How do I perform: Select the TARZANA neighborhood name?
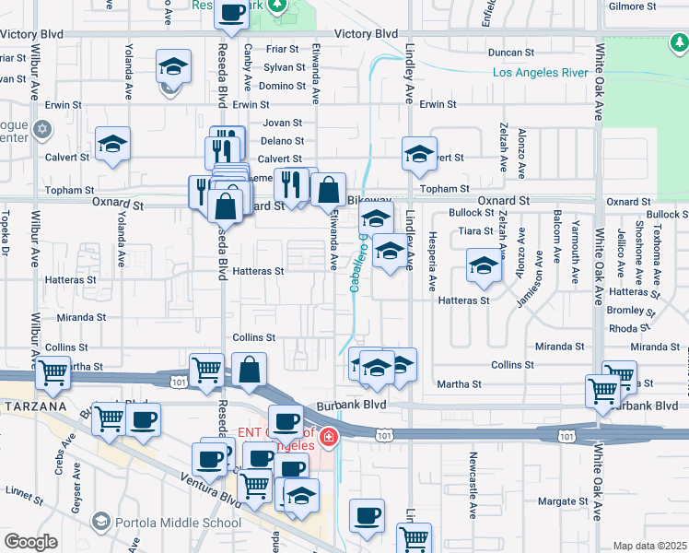[x=33, y=406]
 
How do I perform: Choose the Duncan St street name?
[x=511, y=53]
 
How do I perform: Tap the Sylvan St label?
[x=284, y=68]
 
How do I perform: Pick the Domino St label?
[x=282, y=86]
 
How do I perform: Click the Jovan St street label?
[x=282, y=123]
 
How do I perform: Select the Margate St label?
[x=563, y=501]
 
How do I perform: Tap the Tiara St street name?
[x=476, y=231]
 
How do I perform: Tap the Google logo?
[x=31, y=542]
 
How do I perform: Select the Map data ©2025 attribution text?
[x=648, y=546]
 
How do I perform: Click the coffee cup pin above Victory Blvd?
[x=232, y=12]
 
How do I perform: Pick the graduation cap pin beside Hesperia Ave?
[x=483, y=265]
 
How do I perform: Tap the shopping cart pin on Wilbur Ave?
[x=53, y=372]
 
